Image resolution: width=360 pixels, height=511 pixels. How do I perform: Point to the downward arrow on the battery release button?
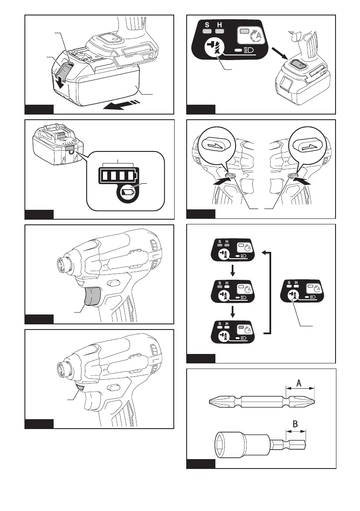(x=60, y=82)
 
